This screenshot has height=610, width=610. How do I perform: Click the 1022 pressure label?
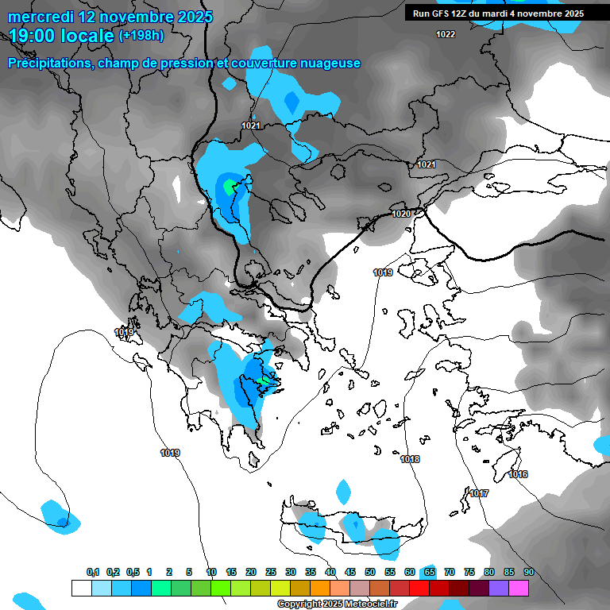[x=446, y=34]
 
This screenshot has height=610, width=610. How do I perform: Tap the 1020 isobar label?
[x=401, y=214]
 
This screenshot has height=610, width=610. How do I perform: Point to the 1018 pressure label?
[x=410, y=460]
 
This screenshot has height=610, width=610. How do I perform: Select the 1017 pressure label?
[x=479, y=494]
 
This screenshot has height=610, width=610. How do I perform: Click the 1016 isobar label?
[x=518, y=475]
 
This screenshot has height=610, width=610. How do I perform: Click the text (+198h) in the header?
[x=142, y=36]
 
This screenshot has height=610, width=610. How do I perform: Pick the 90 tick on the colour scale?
[x=528, y=572]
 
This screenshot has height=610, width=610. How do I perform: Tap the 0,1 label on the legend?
[x=93, y=572]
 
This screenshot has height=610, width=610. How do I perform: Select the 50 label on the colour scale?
[x=370, y=572]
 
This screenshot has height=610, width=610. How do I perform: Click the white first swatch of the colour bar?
[x=81, y=588]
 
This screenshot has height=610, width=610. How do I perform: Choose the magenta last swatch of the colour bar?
[x=519, y=588]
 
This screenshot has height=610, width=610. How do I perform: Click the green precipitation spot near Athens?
[x=264, y=382]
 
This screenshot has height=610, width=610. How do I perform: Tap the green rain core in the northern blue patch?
[x=230, y=187]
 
